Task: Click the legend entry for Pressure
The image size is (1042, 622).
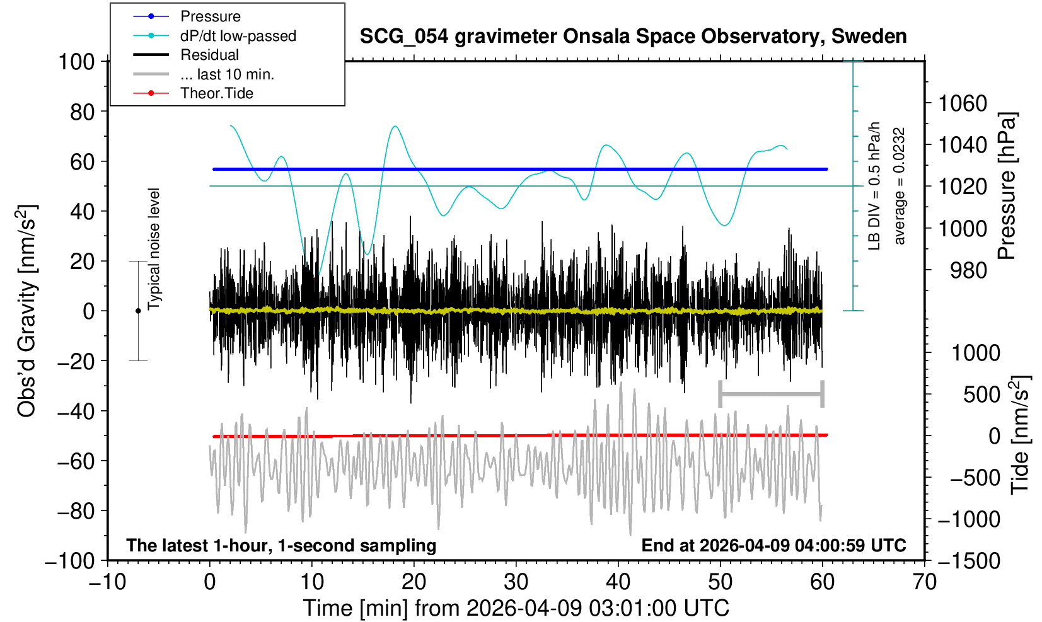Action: (210, 16)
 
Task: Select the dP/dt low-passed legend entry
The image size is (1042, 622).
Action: (238, 36)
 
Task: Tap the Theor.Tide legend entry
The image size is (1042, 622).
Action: (216, 93)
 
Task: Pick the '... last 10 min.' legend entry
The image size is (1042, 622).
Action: (227, 74)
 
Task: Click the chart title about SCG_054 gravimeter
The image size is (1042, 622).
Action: (633, 37)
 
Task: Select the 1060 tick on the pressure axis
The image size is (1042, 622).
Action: (962, 103)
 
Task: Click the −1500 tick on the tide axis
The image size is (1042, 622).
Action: (968, 561)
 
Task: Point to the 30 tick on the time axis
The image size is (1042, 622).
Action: (516, 582)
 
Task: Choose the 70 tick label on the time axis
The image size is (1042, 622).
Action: (924, 582)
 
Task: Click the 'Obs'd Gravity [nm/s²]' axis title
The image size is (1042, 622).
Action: (27, 311)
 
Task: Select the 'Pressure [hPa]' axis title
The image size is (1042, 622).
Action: (1007, 186)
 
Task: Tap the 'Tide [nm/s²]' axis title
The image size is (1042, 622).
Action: (1020, 435)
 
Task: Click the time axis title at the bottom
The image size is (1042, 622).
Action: (516, 608)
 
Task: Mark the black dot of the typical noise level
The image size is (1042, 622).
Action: (138, 311)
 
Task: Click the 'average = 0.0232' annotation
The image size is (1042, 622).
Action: (900, 186)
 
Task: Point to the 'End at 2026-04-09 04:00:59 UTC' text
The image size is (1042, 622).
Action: (773, 545)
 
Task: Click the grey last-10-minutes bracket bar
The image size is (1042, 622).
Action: (771, 395)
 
